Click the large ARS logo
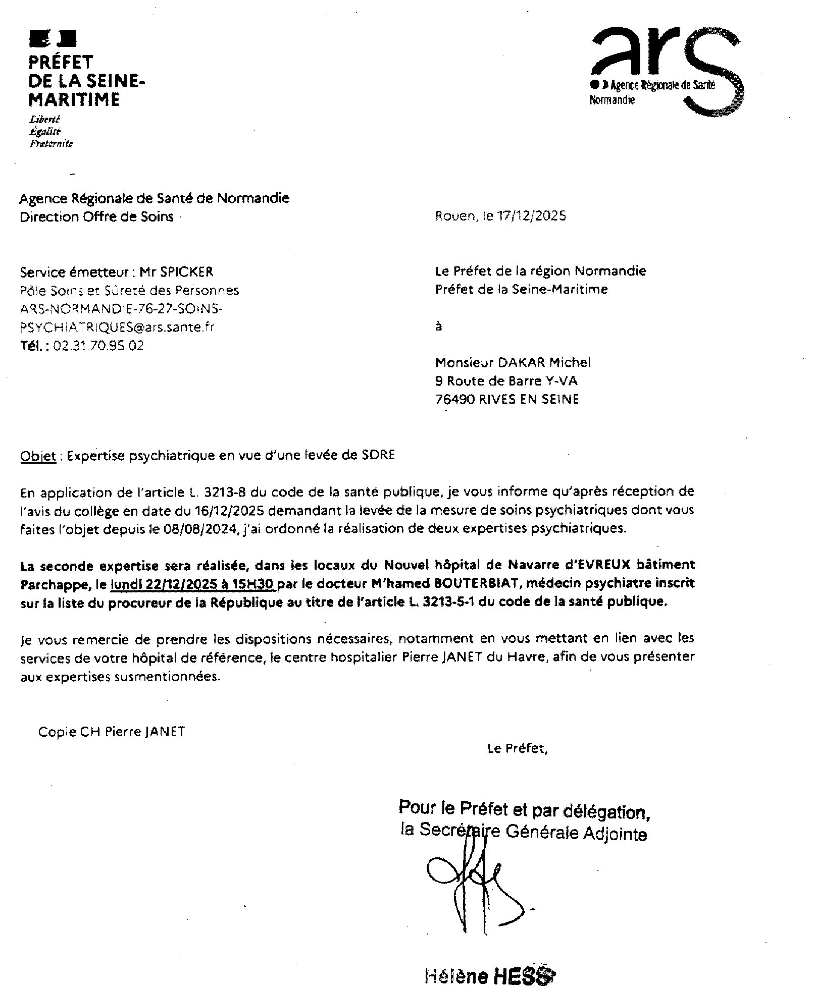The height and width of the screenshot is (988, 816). point(667,71)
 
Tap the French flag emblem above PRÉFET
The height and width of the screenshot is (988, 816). point(53,38)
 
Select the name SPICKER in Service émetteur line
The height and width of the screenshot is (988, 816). point(186,272)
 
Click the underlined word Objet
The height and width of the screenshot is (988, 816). point(38,456)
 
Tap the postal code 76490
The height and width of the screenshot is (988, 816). point(454,400)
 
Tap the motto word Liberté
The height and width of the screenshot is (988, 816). point(45,120)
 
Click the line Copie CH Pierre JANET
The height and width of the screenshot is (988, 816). point(111,731)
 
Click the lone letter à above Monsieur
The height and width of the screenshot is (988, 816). point(438,326)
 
